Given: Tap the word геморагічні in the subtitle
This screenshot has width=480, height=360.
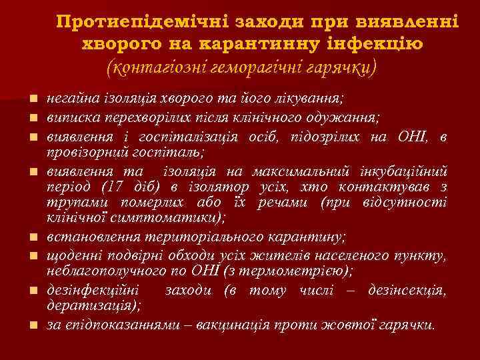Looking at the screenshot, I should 241,67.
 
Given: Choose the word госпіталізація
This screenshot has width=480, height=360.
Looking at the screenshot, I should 203,137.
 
